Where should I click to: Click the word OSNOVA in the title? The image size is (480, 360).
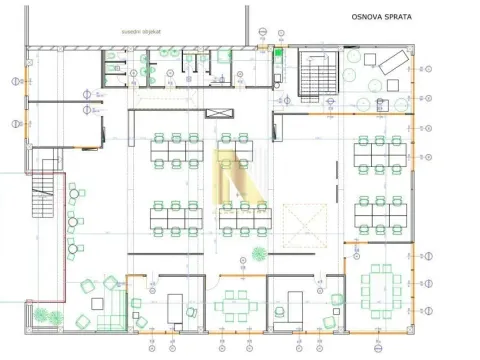(x=366, y=17)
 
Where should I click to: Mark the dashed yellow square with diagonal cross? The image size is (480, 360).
(x=303, y=224)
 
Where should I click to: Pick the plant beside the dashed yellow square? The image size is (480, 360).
(x=261, y=252)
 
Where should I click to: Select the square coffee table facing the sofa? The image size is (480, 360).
(x=90, y=287)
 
